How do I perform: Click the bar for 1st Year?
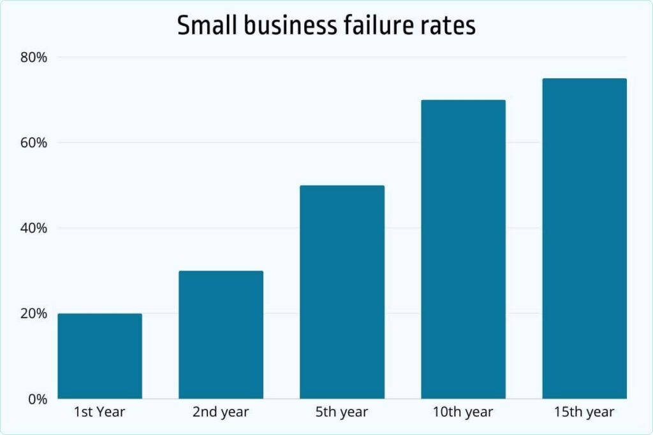(x=99, y=356)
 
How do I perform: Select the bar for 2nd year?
(x=221, y=335)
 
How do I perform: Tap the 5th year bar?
(x=342, y=292)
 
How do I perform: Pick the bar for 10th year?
(x=463, y=250)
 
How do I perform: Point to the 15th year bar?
(x=584, y=239)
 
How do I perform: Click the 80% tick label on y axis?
(x=34, y=57)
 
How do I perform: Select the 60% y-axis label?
(x=34, y=143)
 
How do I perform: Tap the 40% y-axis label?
(x=34, y=228)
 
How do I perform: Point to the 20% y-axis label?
(x=34, y=313)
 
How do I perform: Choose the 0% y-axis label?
(x=37, y=399)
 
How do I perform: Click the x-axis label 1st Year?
(x=99, y=412)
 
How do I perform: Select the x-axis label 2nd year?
(x=221, y=412)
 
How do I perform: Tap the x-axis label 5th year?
(x=342, y=412)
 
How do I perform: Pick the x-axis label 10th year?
(x=463, y=412)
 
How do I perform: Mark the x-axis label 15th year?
(x=584, y=412)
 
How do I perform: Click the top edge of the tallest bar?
(x=584, y=79)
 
